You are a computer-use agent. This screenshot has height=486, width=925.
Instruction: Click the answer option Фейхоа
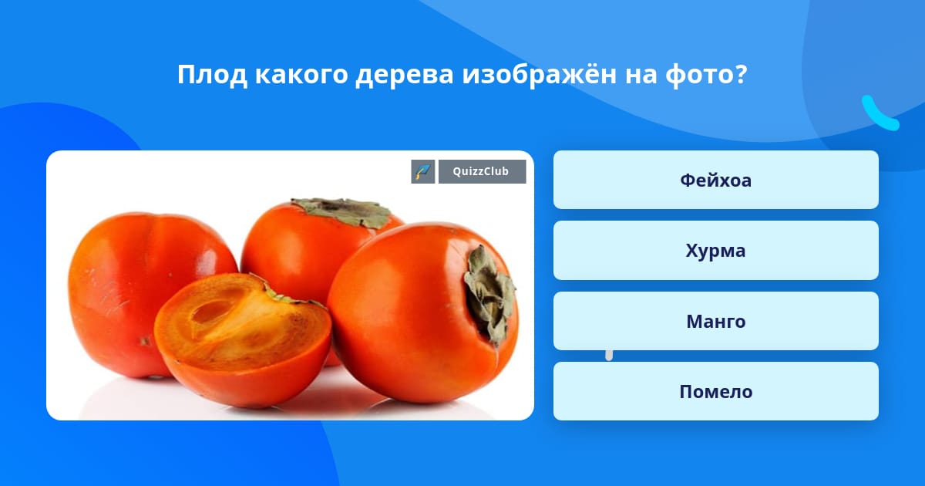click(x=715, y=180)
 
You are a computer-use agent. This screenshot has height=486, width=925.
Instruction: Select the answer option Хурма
click(x=715, y=251)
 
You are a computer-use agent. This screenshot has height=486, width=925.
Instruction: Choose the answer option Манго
click(x=715, y=321)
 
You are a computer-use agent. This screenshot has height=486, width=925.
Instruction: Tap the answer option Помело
click(x=715, y=392)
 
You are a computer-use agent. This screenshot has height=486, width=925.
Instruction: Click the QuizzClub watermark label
click(x=482, y=171)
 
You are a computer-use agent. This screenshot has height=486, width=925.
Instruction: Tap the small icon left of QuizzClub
click(x=423, y=171)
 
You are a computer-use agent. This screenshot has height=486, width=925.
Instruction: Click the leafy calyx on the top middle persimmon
click(x=343, y=212)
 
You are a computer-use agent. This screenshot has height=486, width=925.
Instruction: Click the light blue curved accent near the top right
click(x=879, y=114)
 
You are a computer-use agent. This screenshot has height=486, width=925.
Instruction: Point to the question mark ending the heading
click(x=741, y=75)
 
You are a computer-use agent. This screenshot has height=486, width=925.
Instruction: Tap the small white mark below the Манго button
click(x=609, y=355)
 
